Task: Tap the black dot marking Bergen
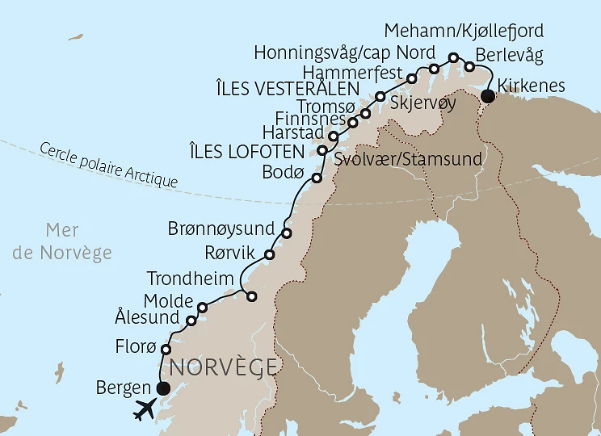[x=163, y=388]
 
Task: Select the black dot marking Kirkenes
[x=487, y=98]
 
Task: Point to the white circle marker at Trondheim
[x=251, y=296]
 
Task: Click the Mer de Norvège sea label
[x=63, y=241]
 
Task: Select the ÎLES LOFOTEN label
[x=258, y=152]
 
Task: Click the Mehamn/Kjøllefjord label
[x=464, y=31]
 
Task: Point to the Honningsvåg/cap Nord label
[x=338, y=52]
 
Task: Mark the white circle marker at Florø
[x=166, y=350]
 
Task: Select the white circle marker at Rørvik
[x=270, y=254]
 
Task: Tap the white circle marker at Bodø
[x=317, y=178]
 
